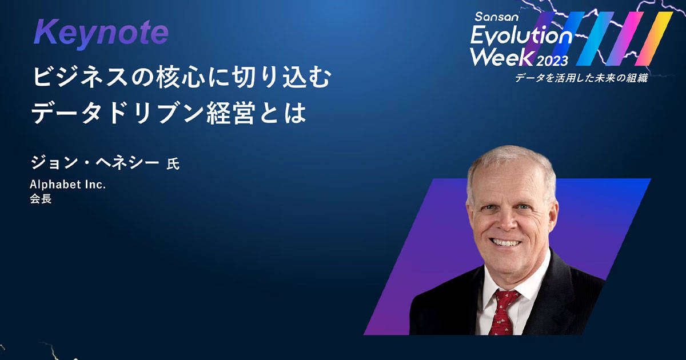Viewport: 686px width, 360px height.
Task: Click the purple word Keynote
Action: click(101, 33)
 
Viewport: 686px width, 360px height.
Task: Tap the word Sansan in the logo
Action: click(496, 17)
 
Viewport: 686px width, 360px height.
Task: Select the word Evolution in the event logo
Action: click(521, 36)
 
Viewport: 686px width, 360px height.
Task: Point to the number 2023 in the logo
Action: click(552, 61)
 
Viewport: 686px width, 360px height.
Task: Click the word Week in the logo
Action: click(503, 57)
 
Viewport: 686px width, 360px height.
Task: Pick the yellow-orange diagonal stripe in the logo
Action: click(653, 39)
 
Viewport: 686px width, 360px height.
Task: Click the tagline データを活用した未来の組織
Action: click(581, 78)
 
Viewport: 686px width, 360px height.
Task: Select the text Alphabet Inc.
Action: click(67, 184)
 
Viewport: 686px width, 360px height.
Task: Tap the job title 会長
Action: click(41, 199)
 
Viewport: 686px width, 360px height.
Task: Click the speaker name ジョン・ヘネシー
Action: click(95, 162)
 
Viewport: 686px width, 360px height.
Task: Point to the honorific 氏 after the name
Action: click(173, 164)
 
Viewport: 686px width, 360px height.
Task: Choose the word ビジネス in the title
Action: click(80, 78)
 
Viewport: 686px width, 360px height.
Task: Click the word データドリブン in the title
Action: click(117, 114)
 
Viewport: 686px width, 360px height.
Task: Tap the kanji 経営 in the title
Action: click(230, 114)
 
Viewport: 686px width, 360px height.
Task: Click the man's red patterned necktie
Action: click(502, 312)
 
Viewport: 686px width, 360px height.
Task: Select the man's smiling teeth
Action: click(505, 243)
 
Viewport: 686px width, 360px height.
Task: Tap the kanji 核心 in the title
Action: click(180, 78)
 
